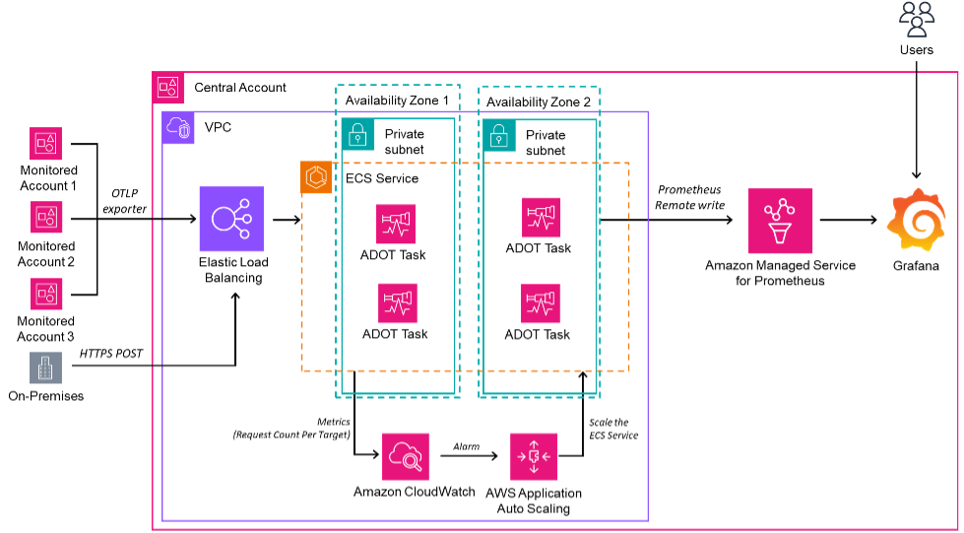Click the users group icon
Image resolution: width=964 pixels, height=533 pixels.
click(x=917, y=19)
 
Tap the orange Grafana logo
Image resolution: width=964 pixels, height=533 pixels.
click(x=917, y=220)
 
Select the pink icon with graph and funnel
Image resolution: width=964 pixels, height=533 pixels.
click(x=780, y=221)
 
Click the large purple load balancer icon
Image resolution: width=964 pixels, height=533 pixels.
click(x=231, y=219)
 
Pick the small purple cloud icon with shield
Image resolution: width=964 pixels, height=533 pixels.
click(x=179, y=128)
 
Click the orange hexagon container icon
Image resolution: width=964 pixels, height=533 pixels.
click(x=316, y=177)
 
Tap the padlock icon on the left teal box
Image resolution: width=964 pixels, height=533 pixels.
click(x=357, y=135)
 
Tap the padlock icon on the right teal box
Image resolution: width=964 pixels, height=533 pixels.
click(x=499, y=135)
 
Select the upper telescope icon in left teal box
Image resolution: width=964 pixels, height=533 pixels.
click(x=396, y=224)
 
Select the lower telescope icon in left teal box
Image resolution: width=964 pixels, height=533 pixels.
click(x=398, y=303)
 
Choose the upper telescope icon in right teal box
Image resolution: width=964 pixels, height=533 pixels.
click(x=541, y=218)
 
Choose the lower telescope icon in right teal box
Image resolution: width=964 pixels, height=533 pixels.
click(x=541, y=303)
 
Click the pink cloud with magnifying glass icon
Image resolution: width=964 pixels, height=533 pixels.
click(x=406, y=456)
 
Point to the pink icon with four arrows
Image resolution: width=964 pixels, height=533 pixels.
click(x=534, y=456)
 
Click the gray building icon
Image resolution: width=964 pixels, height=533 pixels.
click(x=46, y=367)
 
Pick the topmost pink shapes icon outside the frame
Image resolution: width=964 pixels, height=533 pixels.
click(x=46, y=144)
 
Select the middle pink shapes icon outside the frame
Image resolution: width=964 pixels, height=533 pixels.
click(x=46, y=217)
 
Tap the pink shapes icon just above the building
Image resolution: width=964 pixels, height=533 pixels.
click(x=46, y=294)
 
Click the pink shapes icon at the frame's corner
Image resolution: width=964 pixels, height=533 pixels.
click(x=168, y=88)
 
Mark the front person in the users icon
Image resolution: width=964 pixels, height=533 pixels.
click(x=917, y=28)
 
